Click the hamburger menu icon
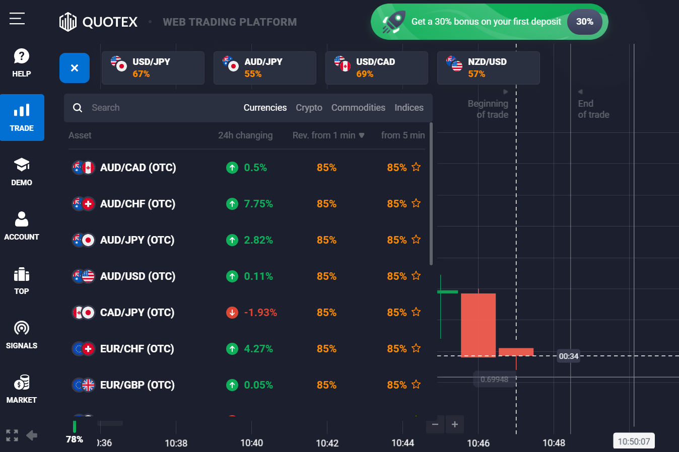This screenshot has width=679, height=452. pyautogui.click(x=17, y=19)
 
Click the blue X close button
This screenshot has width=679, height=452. pyautogui.click(x=75, y=68)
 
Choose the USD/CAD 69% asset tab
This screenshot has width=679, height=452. pyautogui.click(x=376, y=68)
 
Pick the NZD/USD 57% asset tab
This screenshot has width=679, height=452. pyautogui.click(x=488, y=68)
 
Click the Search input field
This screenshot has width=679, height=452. pyautogui.click(x=151, y=108)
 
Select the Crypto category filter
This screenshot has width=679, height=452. pyautogui.click(x=309, y=108)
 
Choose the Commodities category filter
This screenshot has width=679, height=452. pyautogui.click(x=358, y=108)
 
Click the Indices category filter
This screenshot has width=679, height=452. pyautogui.click(x=409, y=108)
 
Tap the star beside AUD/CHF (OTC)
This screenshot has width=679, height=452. pyautogui.click(x=416, y=203)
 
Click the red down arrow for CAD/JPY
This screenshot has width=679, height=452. pyautogui.click(x=232, y=313)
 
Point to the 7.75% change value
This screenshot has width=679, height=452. pyautogui.click(x=258, y=204)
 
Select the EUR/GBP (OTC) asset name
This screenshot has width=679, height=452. pyautogui.click(x=137, y=385)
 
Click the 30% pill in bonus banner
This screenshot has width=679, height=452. pyautogui.click(x=584, y=22)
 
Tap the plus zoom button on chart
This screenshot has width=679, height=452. pyautogui.click(x=455, y=424)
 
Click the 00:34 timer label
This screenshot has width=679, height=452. pyautogui.click(x=569, y=356)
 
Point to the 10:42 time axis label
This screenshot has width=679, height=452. pyautogui.click(x=327, y=443)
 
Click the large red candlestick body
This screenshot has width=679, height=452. pyautogui.click(x=478, y=325)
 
